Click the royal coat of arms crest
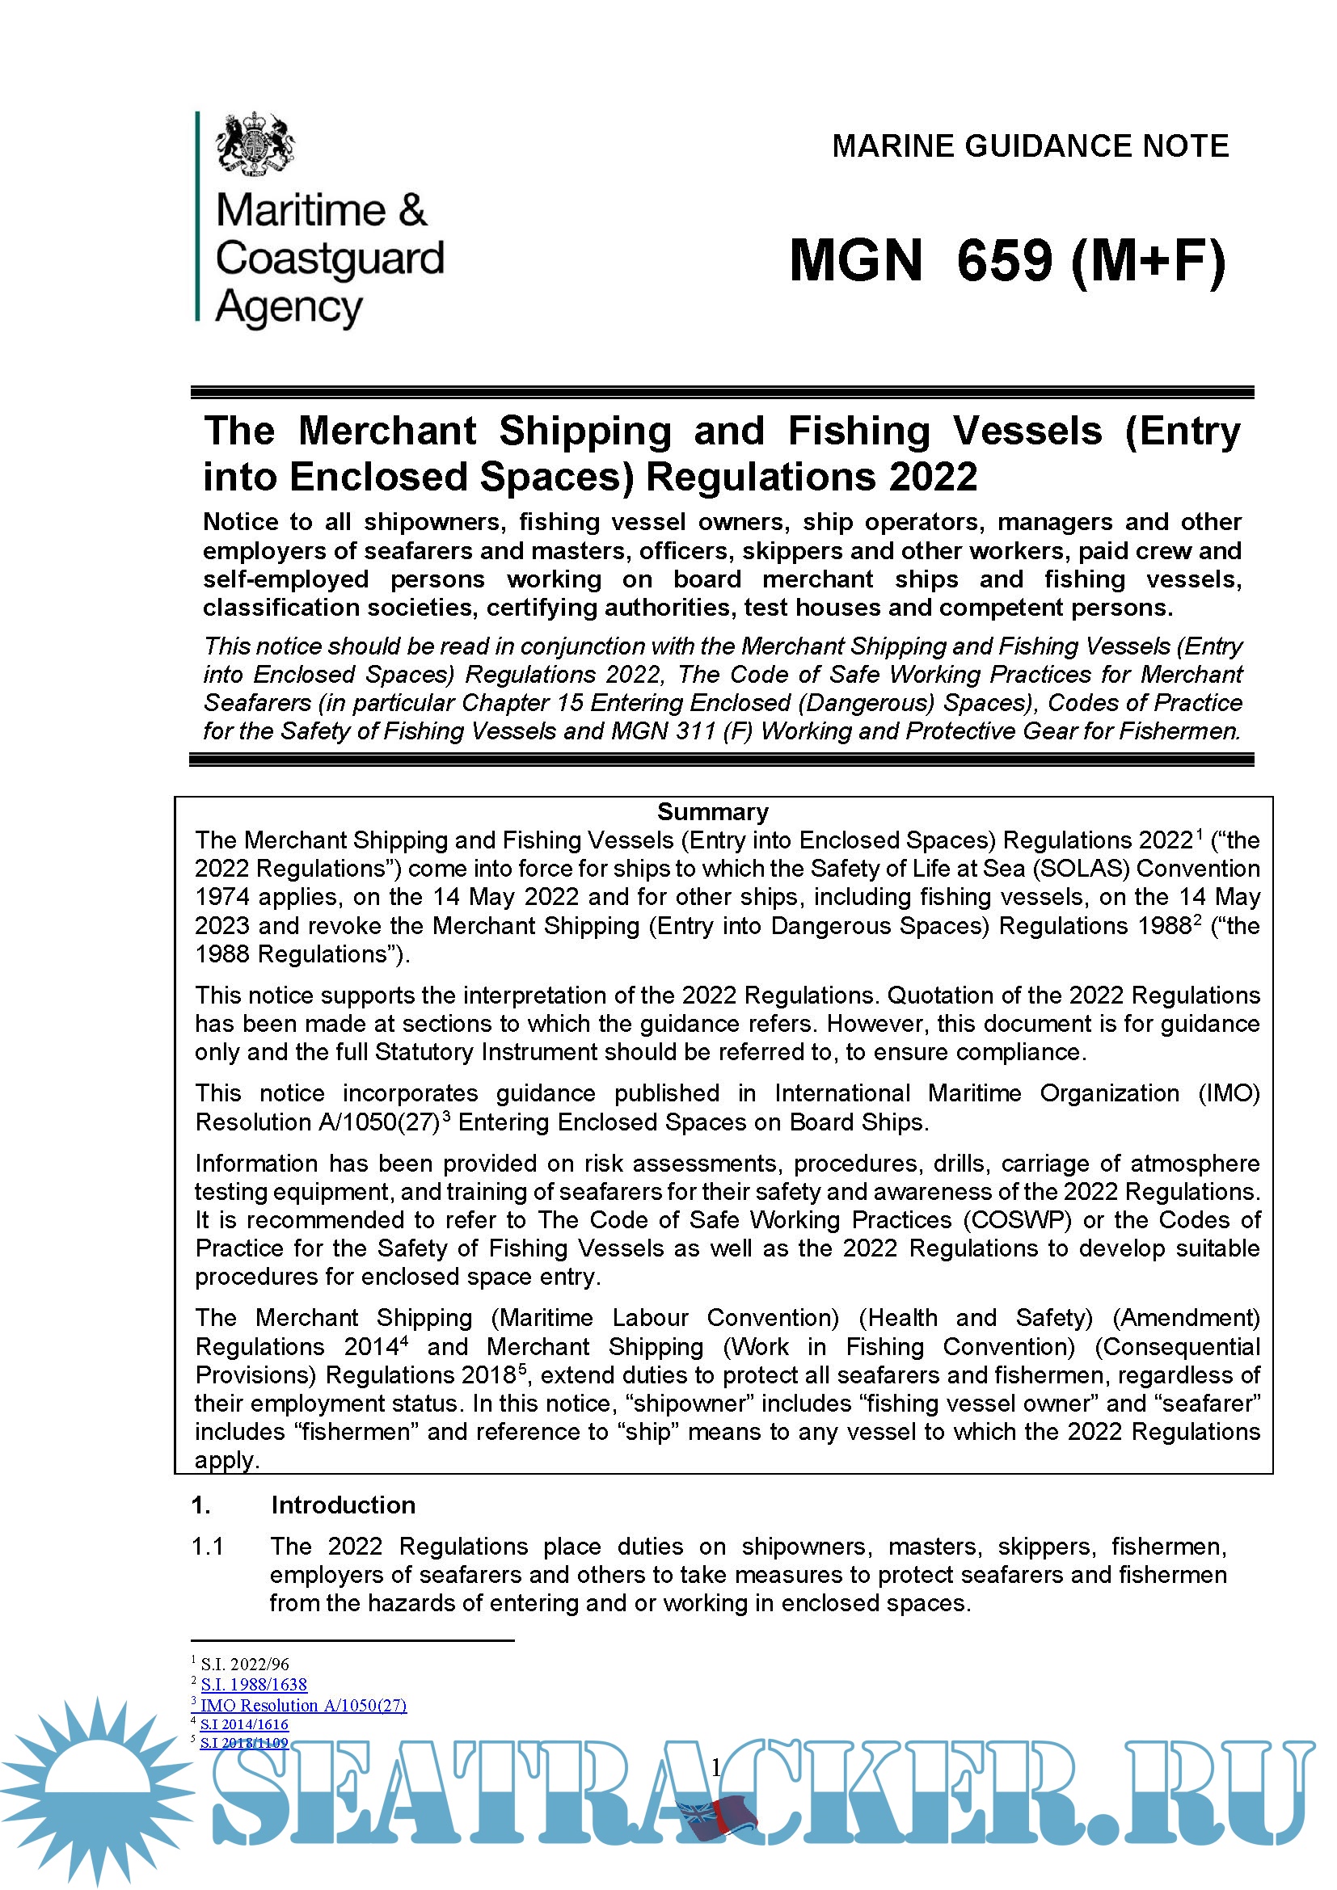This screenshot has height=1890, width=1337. pyautogui.click(x=255, y=144)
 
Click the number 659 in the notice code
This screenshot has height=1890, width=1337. pyautogui.click(x=1005, y=262)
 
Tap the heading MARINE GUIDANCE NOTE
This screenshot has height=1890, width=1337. pyautogui.click(x=1030, y=146)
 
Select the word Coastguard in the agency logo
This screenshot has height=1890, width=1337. pyautogui.click(x=329, y=259)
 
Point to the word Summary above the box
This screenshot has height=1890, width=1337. pyautogui.click(x=712, y=811)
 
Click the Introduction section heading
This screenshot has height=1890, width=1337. pyautogui.click(x=344, y=1505)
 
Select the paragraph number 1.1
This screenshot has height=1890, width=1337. pyautogui.click(x=208, y=1546)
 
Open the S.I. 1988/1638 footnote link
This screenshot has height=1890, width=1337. pyautogui.click(x=254, y=1684)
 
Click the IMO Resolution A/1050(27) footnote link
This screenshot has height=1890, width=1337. pyautogui.click(x=303, y=1705)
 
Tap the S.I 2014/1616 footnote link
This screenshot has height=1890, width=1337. pyautogui.click(x=244, y=1724)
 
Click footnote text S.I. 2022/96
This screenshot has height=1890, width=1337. pyautogui.click(x=244, y=1664)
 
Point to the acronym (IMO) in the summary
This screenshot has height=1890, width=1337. pyautogui.click(x=1229, y=1093)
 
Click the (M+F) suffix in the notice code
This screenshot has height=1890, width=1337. pyautogui.click(x=1149, y=262)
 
